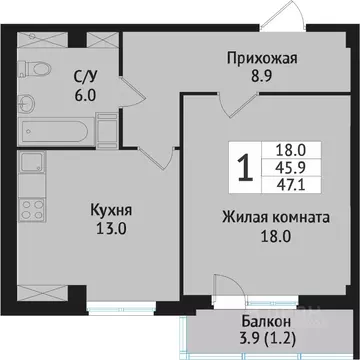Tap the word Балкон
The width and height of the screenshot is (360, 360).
click(x=268, y=322)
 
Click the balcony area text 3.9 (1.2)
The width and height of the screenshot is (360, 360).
click(x=268, y=339)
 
